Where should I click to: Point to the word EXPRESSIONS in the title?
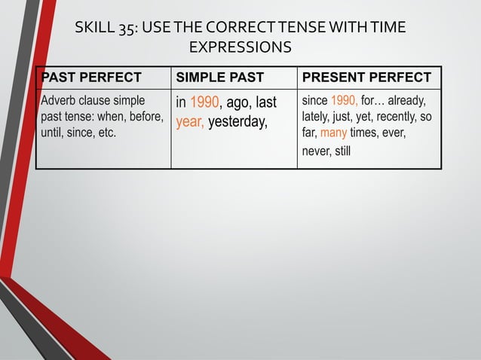tap(240, 48)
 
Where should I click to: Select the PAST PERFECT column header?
tap(91, 78)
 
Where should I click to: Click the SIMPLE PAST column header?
tap(219, 78)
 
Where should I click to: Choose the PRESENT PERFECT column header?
tap(366, 78)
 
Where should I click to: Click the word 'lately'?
tap(315, 117)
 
